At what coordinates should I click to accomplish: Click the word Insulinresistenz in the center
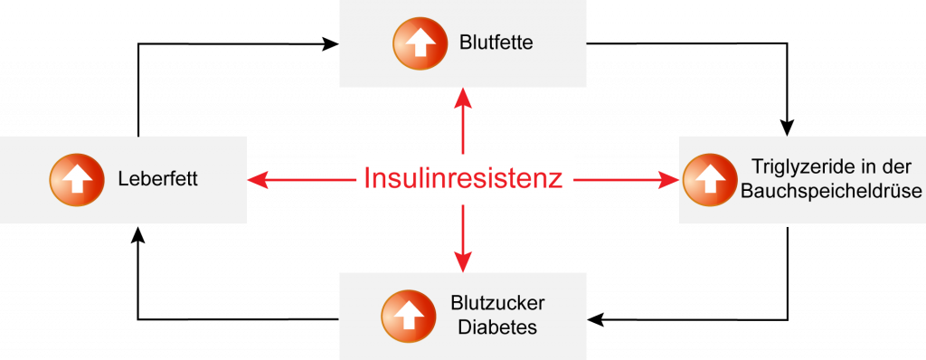point(463,178)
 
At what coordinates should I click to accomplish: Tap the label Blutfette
point(496,43)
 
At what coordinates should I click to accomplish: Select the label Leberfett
point(157,179)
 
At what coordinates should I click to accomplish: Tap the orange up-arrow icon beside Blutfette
point(419,43)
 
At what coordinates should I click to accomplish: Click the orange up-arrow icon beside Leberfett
point(77,179)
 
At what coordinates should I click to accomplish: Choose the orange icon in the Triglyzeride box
point(710,179)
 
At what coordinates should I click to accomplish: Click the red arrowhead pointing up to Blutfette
point(463,97)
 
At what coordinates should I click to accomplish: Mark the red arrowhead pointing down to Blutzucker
point(463,262)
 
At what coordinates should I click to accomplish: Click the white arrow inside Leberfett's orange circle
point(77,179)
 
